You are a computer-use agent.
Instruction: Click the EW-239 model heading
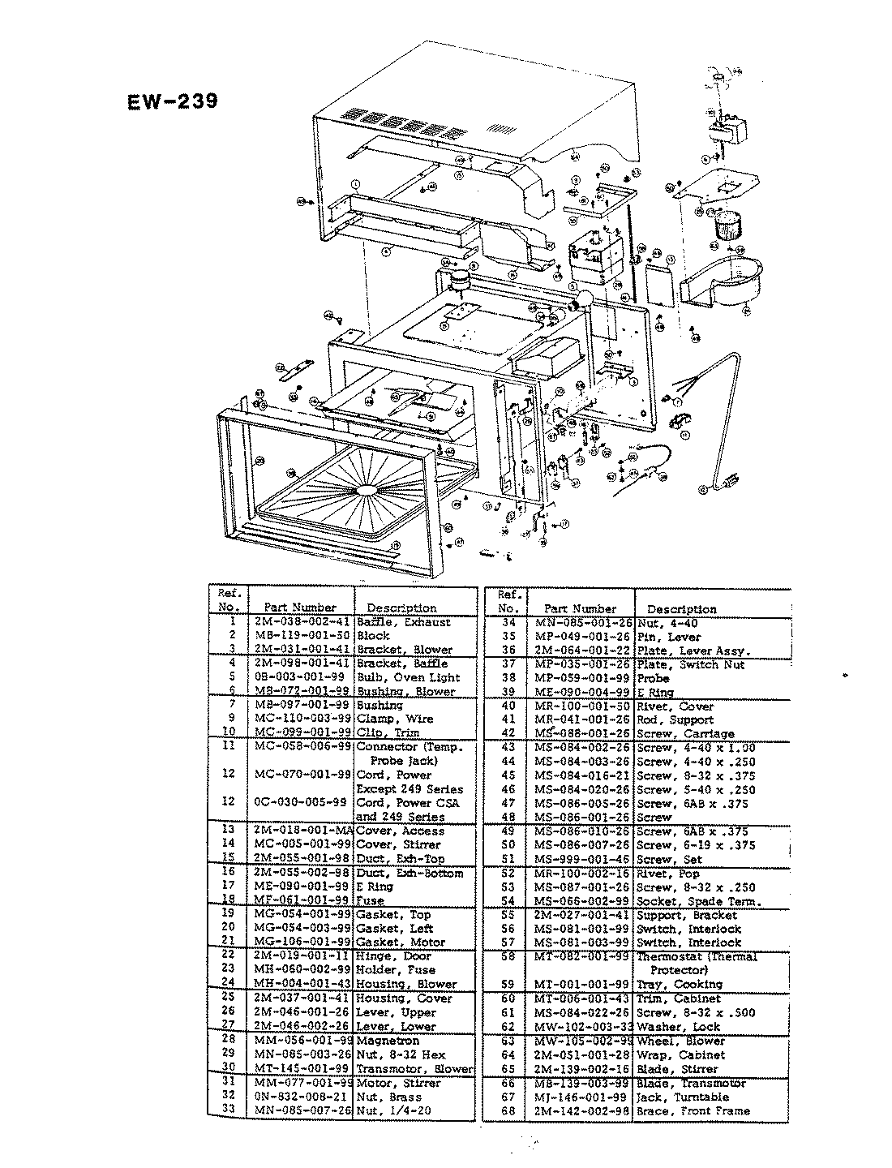pos(172,102)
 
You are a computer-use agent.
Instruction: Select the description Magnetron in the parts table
pos(388,1041)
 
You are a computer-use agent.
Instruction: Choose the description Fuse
pos(370,900)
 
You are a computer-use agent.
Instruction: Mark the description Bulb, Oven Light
pos(409,677)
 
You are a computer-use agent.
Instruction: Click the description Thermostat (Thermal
pos(697,957)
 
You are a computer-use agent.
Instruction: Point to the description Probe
pos(654,678)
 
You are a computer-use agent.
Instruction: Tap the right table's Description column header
pos(682,609)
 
